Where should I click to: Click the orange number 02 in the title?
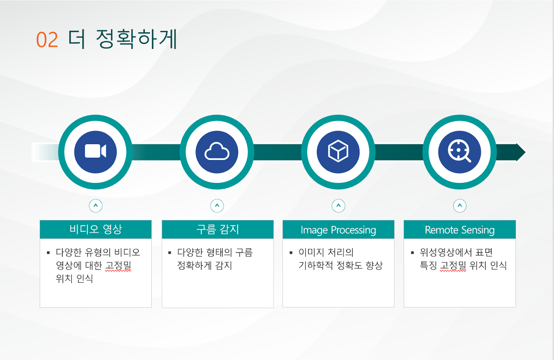click(x=47, y=39)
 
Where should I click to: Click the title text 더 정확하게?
click(x=123, y=39)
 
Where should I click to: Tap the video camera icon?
click(x=96, y=151)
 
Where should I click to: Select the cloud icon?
click(x=217, y=151)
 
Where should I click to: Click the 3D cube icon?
click(x=338, y=151)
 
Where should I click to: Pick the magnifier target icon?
click(x=459, y=151)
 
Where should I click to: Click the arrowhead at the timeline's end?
click(x=521, y=152)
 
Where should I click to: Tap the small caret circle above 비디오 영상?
click(x=96, y=205)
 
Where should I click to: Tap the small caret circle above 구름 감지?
click(x=217, y=205)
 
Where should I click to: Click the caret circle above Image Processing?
click(x=338, y=205)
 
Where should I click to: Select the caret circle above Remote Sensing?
click(x=460, y=205)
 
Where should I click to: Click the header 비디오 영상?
click(x=96, y=229)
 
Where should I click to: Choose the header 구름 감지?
click(x=218, y=229)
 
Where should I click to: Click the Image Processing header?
click(x=338, y=230)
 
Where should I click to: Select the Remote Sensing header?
click(x=460, y=230)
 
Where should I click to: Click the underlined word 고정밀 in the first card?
click(x=118, y=266)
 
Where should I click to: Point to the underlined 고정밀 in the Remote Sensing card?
click(x=453, y=266)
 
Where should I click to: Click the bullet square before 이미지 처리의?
click(x=291, y=253)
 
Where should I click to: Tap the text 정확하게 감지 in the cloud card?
click(x=205, y=265)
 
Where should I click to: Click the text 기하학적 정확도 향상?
click(x=341, y=265)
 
